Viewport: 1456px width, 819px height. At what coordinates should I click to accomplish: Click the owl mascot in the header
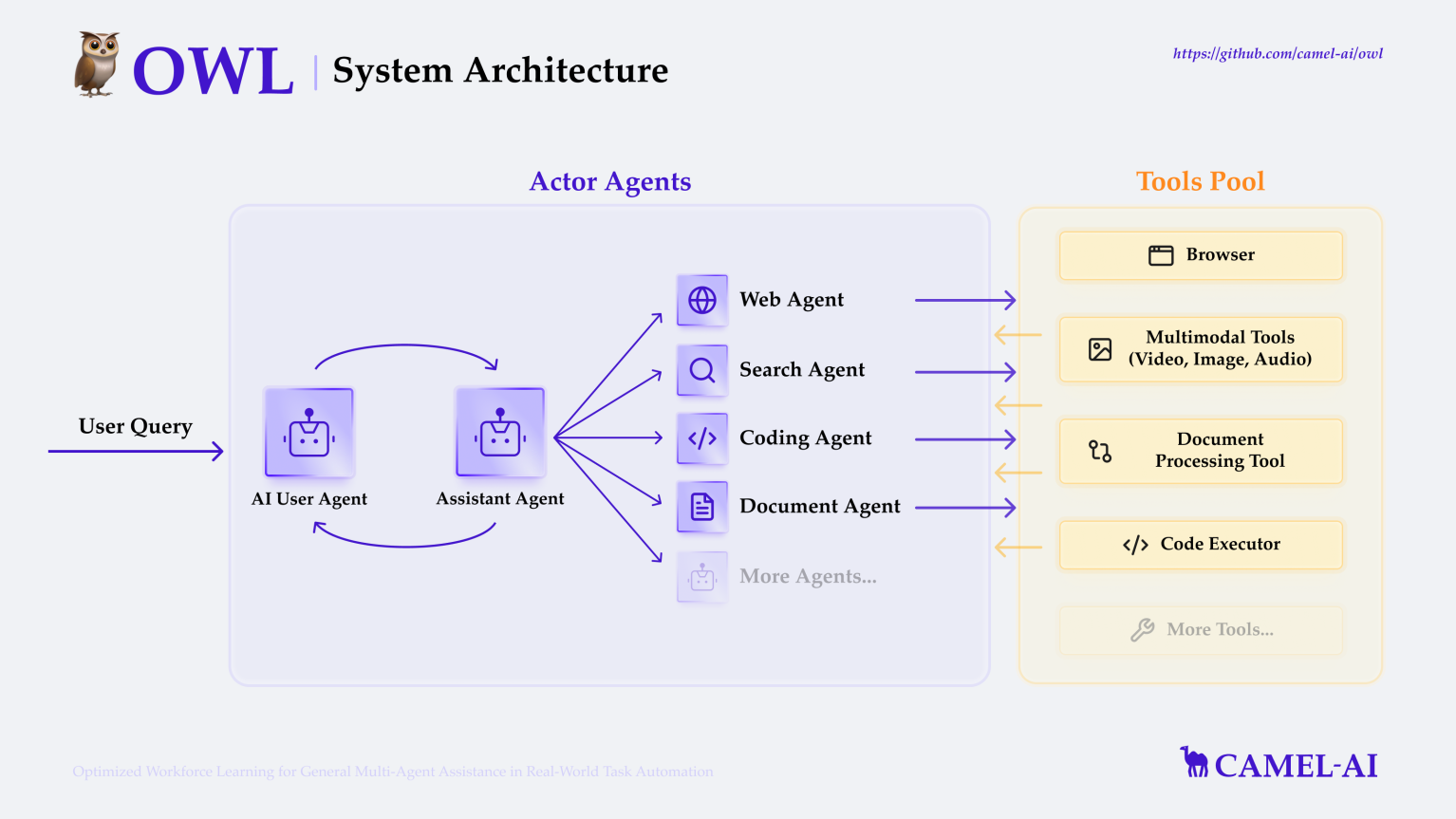point(98,65)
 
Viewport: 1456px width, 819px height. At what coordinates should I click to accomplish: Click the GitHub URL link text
point(1278,54)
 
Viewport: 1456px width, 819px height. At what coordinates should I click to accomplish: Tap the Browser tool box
point(1201,255)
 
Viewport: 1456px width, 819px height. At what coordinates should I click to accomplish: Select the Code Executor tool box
point(1201,545)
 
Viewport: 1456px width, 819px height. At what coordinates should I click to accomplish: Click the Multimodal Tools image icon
point(1100,349)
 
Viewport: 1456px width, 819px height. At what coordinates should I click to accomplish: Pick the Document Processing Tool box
point(1201,451)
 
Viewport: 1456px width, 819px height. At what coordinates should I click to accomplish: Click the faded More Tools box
point(1201,630)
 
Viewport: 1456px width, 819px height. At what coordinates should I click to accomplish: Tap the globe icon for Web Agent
point(702,300)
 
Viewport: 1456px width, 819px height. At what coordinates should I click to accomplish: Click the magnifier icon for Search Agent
point(702,370)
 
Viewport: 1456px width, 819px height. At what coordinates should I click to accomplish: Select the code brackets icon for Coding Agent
point(702,438)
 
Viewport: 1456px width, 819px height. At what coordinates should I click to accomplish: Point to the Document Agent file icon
point(702,507)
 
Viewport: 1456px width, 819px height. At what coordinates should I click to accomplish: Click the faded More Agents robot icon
point(702,577)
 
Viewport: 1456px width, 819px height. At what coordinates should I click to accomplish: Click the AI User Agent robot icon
point(309,433)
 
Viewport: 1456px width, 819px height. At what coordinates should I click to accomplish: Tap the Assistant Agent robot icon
point(500,433)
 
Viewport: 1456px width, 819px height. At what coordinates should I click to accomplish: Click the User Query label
point(136,426)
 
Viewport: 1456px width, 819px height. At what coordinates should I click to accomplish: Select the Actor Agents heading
point(610,181)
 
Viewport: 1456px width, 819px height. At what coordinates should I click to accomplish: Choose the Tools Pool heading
point(1201,181)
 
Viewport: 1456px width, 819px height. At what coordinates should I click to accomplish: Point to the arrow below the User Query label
point(136,452)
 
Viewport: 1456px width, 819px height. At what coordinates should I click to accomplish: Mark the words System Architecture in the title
point(500,71)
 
